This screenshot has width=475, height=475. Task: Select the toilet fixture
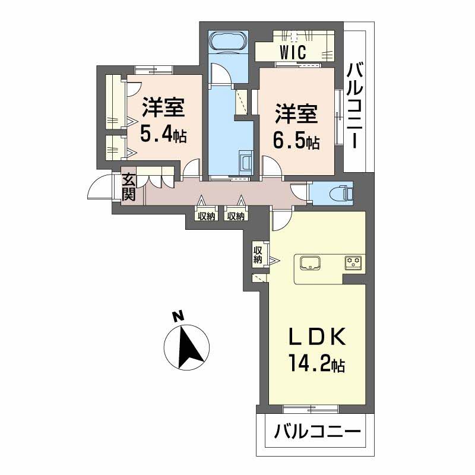click(342, 193)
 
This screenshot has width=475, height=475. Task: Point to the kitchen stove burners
click(353, 262)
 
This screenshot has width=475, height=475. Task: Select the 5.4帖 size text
click(163, 134)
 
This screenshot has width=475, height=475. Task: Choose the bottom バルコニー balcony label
click(317, 431)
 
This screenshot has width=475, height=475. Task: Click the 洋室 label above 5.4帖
click(163, 109)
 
